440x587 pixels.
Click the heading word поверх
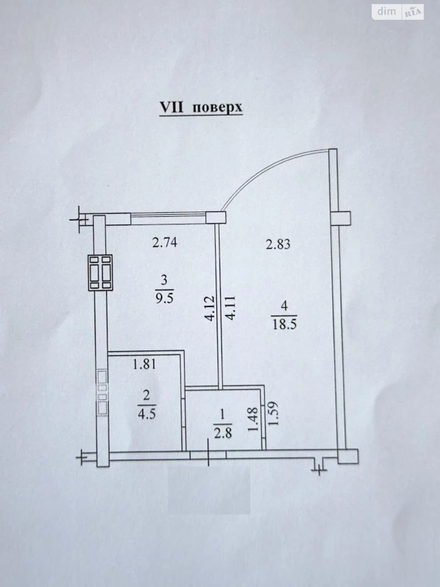click(x=217, y=107)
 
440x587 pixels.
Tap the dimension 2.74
click(x=165, y=243)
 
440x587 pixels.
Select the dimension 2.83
click(x=278, y=244)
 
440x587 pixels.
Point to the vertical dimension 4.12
click(x=209, y=308)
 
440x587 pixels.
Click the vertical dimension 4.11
click(x=230, y=308)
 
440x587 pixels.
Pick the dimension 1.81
click(x=144, y=364)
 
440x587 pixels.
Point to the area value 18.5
click(x=284, y=325)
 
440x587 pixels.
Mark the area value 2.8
click(x=223, y=433)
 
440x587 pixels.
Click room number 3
click(x=164, y=280)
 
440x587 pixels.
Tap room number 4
click(x=284, y=306)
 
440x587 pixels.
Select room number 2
click(x=146, y=396)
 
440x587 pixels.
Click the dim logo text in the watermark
click(x=386, y=11)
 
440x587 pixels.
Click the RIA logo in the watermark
click(x=413, y=12)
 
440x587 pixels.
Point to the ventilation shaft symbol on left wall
click(x=100, y=272)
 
